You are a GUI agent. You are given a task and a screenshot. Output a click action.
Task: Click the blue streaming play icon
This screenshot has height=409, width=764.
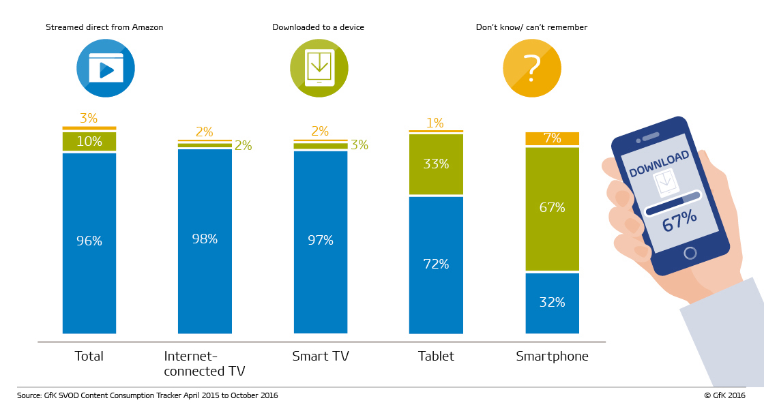point(105,68)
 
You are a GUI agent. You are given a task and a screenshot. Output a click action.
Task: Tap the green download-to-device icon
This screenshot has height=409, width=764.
point(319,68)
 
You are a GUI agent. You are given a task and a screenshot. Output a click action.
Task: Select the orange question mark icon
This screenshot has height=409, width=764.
point(532,68)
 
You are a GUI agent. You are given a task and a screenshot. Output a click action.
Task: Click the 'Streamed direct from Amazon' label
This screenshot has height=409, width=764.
point(104,27)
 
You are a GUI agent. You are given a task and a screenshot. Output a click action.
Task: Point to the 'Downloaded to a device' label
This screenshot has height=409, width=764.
point(318,27)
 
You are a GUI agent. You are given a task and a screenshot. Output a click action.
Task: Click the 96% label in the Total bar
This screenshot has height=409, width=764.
point(89,241)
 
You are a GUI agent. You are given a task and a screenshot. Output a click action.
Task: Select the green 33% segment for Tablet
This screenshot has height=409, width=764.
point(436,164)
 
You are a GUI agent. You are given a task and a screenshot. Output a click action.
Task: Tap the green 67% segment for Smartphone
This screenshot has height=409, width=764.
point(552,209)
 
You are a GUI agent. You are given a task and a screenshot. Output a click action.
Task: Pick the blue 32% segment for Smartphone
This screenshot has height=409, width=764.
point(552,303)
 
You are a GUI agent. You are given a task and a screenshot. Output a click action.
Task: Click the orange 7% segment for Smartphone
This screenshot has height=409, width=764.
point(552,139)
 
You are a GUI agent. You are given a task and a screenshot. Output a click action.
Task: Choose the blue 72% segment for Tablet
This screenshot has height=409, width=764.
point(436,265)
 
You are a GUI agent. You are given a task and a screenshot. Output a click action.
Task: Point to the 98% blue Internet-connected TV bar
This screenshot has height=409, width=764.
point(205,241)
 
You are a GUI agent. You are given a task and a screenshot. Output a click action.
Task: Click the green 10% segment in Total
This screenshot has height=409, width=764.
point(89,141)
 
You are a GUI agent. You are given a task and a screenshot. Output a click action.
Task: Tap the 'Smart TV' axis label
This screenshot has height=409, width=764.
point(321,357)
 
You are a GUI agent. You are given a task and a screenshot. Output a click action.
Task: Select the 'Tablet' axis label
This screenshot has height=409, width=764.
point(436,357)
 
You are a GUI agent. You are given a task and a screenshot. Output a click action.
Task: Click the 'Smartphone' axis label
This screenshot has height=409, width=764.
point(552,357)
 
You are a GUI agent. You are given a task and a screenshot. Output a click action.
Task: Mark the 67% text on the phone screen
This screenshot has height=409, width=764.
point(679,221)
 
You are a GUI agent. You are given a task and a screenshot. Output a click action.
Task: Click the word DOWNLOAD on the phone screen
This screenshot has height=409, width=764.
point(659,164)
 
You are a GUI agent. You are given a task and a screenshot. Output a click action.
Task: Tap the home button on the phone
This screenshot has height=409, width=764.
point(690,253)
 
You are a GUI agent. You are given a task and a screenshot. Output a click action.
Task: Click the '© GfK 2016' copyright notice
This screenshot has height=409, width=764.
point(724,395)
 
